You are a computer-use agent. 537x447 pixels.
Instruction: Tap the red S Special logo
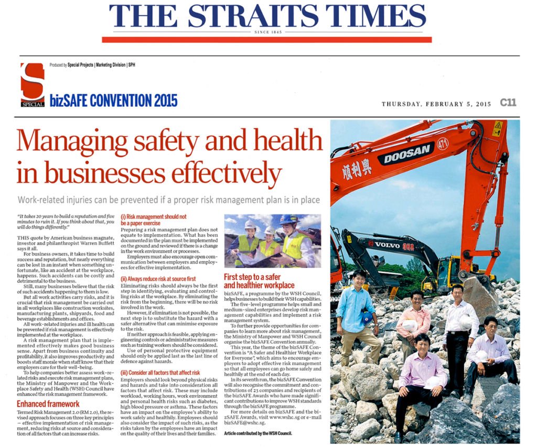click(33, 84)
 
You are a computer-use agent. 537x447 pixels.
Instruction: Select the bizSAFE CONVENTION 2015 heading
click(114, 100)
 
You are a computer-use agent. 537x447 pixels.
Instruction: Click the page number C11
click(508, 103)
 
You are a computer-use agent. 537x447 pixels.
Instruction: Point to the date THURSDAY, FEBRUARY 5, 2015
click(436, 104)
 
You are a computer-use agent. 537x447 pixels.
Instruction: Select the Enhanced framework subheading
click(48, 404)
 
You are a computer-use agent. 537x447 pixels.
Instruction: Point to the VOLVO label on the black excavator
click(387, 244)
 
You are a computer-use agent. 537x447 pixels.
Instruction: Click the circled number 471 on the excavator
click(443, 143)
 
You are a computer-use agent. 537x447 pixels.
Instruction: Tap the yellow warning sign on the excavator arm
click(497, 128)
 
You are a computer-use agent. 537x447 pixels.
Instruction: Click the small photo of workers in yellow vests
click(272, 241)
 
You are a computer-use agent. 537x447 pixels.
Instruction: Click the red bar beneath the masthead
click(266, 39)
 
